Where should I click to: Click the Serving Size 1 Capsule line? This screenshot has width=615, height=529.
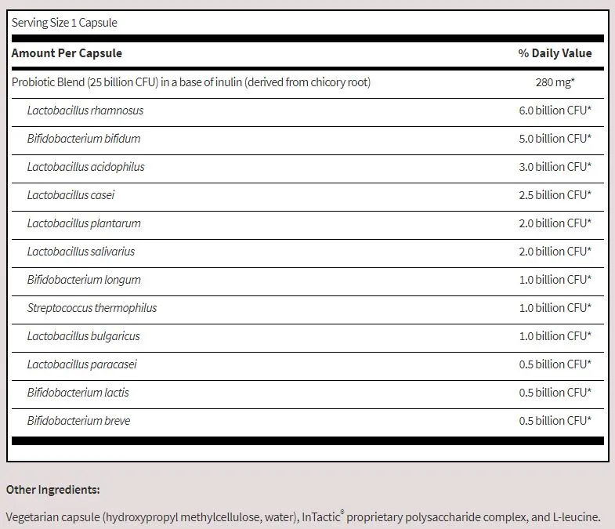click(64, 23)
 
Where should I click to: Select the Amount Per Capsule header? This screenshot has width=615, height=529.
click(67, 53)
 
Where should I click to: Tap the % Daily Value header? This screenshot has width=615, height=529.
click(555, 53)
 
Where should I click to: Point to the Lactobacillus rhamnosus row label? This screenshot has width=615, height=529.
click(85, 111)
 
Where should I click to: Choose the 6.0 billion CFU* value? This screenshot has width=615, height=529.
click(555, 111)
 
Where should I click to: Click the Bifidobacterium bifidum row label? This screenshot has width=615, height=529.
click(84, 139)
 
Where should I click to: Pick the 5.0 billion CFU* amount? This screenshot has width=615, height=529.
click(555, 139)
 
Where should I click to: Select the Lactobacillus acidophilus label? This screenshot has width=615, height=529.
click(85, 167)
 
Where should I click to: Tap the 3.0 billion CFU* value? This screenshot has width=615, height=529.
click(555, 167)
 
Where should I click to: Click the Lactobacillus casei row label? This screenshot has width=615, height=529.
click(71, 195)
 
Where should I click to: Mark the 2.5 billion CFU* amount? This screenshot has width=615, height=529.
click(555, 195)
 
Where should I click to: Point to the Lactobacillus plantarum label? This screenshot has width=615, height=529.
click(84, 223)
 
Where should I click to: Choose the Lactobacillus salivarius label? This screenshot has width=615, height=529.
click(81, 252)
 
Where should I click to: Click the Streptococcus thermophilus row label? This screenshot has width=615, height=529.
click(92, 308)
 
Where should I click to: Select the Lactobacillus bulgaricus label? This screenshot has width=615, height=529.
click(83, 336)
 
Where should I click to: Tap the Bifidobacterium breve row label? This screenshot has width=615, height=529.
click(78, 421)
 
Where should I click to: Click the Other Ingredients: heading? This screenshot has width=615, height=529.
click(53, 490)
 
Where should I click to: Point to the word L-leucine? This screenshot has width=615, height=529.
click(574, 517)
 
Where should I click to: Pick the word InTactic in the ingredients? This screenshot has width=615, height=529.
click(322, 517)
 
